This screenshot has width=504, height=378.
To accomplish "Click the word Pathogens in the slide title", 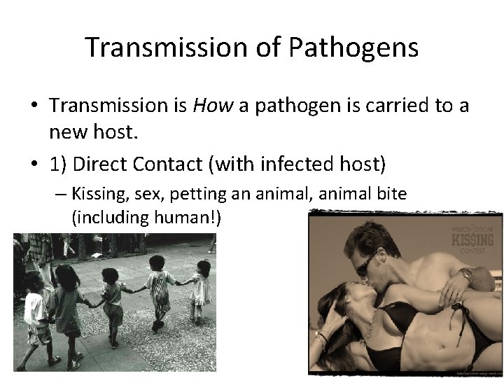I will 353,48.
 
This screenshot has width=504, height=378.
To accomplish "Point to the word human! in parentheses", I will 190,218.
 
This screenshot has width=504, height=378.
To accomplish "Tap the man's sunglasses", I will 367,264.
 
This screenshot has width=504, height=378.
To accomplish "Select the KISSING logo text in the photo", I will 472,240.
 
